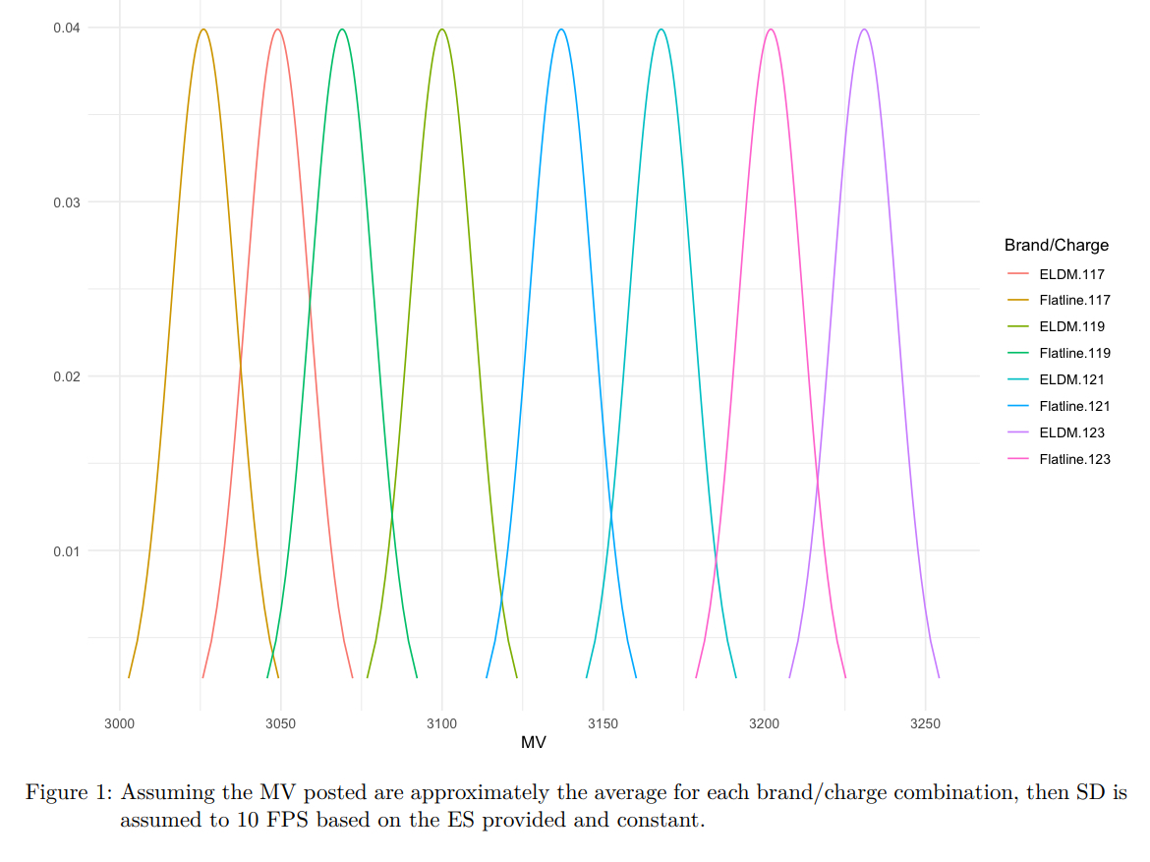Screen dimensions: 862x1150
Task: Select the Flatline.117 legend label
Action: [1074, 300]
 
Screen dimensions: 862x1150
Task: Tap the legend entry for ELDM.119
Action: [1066, 326]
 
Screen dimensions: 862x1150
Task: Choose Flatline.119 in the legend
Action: [1074, 353]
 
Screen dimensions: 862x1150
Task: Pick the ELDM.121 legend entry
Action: [1066, 379]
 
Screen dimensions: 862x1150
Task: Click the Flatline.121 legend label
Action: [1074, 406]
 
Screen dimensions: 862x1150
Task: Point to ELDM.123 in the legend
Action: [1066, 432]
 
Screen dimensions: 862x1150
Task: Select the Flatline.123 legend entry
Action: [1074, 459]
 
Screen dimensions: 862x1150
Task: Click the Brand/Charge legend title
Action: [1056, 245]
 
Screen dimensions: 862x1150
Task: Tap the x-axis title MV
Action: [534, 743]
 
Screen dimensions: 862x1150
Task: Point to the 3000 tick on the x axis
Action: [120, 724]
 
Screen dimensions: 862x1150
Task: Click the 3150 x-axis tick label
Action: [603, 724]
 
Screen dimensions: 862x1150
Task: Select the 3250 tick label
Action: [925, 724]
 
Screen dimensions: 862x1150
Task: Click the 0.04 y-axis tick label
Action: [67, 28]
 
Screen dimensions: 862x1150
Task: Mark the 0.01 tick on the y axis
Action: [67, 550]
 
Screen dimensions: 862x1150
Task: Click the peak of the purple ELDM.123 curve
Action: [864, 29]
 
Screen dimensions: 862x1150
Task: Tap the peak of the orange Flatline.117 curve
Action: [203, 29]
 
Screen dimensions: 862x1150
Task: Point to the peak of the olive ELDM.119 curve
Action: [442, 29]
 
